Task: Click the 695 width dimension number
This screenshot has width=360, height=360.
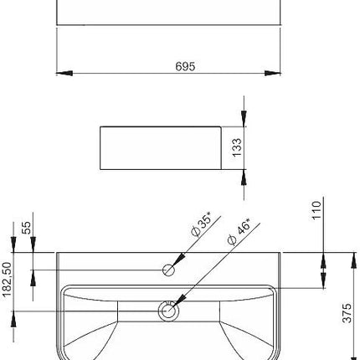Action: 185,66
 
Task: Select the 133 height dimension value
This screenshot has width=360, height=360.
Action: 237,147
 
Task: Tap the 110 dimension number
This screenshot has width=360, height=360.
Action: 316,210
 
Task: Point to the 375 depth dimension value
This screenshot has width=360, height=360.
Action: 347,313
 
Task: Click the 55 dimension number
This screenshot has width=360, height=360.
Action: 27,228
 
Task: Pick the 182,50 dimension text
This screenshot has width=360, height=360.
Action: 7,280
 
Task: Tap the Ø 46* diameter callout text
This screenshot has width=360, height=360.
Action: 239,232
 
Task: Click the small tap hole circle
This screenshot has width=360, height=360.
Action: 168,270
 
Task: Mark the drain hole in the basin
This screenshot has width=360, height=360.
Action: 168,311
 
